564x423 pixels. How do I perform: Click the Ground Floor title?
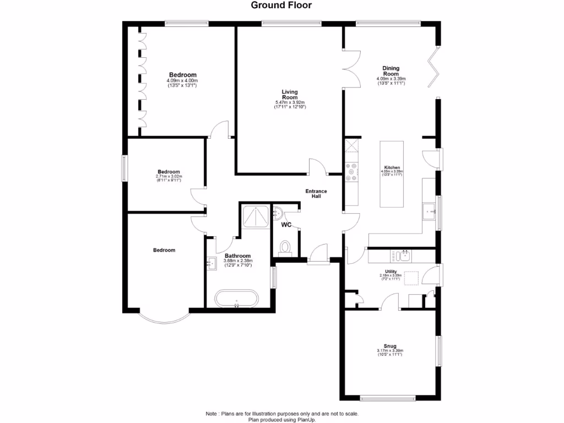point(281,6)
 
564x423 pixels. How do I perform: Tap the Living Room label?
point(290,95)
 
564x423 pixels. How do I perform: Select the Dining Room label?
point(391,71)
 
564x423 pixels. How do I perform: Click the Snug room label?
point(390,346)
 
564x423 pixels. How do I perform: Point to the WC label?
point(286,225)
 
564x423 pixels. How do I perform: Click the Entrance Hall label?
point(317,194)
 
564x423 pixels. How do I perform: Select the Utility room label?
point(391,272)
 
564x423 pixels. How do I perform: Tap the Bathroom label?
point(238,256)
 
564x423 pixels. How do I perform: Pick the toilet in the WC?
point(285,247)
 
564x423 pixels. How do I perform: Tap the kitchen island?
point(391,174)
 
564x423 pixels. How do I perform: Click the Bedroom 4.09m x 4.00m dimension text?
point(182,81)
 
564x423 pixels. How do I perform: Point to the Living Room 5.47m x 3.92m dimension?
point(290,103)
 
